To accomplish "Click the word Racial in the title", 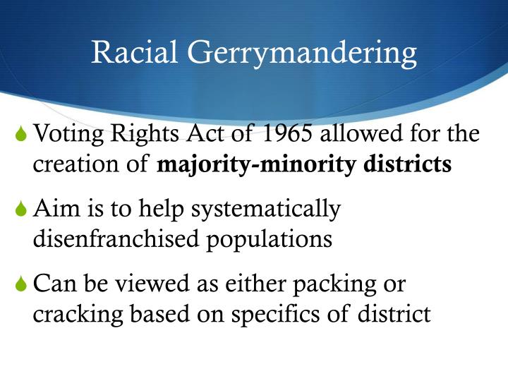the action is [134, 52].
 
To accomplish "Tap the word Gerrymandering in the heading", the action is [302, 54].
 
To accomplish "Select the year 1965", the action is [287, 133].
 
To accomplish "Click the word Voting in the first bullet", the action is [68, 134].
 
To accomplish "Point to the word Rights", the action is [145, 134].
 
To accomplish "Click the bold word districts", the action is [408, 164].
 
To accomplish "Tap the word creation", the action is [75, 164].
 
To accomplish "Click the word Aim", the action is [56, 208].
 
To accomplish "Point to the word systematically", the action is [266, 210].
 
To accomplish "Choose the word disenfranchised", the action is [116, 238].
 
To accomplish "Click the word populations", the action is [270, 241].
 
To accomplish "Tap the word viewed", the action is [152, 283].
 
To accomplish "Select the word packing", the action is [334, 284].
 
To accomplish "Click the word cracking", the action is [78, 315].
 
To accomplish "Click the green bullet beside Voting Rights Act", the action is [20, 133].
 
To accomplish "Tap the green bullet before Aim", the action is [20, 208].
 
